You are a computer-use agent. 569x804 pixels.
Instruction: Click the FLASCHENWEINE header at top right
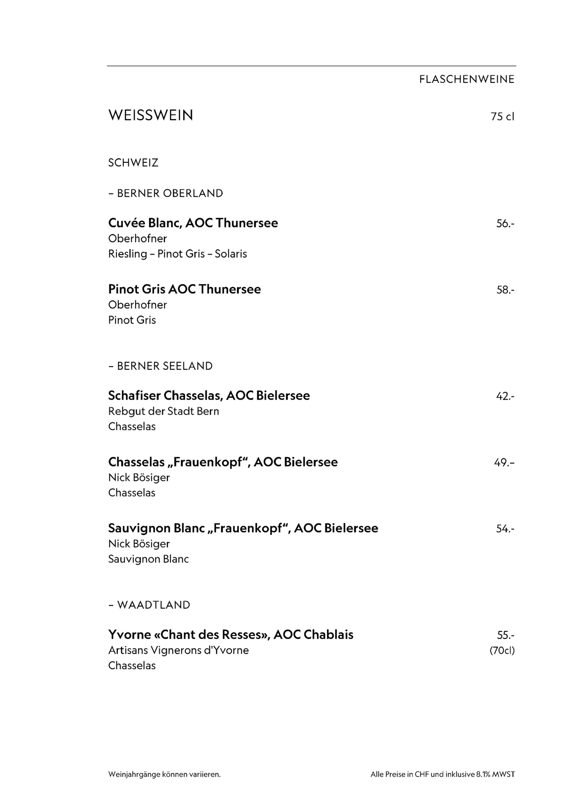[467, 80]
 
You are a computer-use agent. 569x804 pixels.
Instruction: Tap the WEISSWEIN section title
[150, 115]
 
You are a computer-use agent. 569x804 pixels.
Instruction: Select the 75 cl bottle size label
[502, 116]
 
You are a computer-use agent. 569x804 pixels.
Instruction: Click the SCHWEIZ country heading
[133, 163]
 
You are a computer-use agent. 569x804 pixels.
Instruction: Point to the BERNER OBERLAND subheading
[165, 193]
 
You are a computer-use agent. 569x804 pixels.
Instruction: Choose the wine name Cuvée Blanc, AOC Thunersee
[193, 223]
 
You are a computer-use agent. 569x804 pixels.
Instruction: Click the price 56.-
[505, 224]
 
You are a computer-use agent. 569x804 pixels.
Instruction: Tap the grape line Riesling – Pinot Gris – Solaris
[177, 254]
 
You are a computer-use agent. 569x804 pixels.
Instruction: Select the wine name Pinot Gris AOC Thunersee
[184, 289]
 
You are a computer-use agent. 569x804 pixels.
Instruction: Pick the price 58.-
[505, 290]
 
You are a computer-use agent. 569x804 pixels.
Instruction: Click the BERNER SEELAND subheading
[160, 366]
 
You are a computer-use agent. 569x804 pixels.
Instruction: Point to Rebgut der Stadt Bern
[163, 411]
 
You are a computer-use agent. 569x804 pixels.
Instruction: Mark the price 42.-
[505, 396]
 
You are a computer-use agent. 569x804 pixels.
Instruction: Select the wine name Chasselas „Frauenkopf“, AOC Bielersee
[223, 462]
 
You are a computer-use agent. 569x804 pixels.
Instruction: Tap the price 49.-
[504, 463]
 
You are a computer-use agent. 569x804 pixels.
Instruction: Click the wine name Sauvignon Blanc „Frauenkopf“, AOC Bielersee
[243, 528]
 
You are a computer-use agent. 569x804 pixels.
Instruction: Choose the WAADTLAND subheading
[149, 605]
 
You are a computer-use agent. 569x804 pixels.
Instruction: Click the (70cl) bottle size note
[502, 650]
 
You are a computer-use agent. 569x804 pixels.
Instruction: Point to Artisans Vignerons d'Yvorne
[178, 650]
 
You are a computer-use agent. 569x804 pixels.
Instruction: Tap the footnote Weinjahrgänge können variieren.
[164, 775]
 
